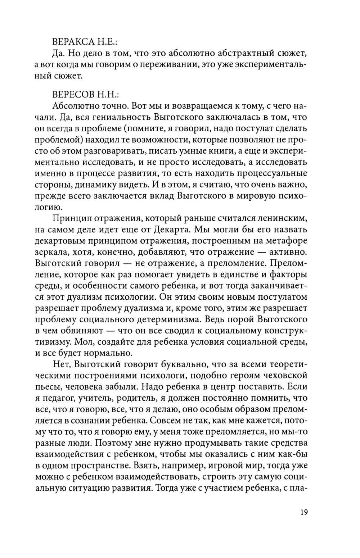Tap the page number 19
coord(303,512)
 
